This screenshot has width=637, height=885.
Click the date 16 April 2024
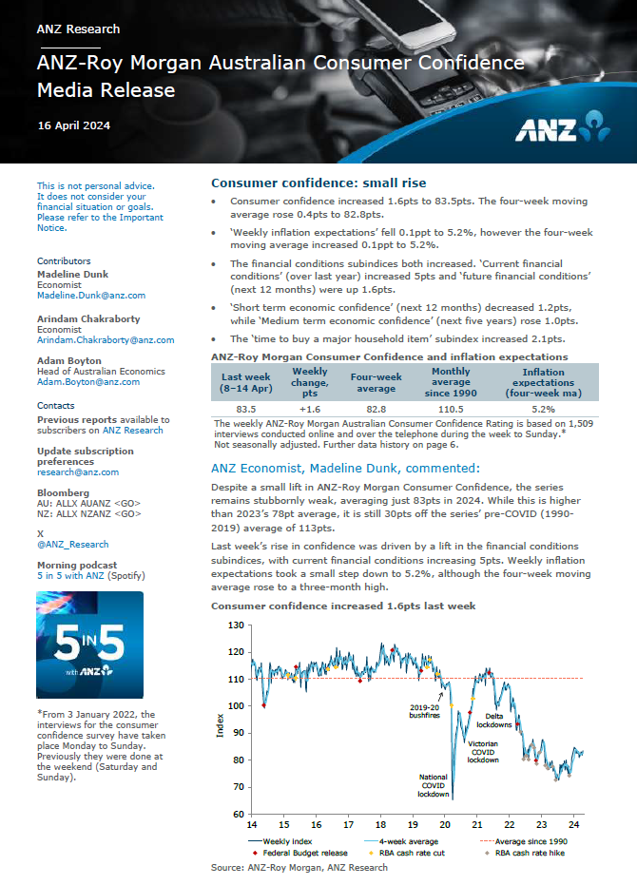pos(73,125)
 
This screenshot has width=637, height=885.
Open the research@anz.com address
pos(78,471)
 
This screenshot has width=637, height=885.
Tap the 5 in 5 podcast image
pos(90,645)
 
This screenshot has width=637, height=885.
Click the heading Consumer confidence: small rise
pos(318,183)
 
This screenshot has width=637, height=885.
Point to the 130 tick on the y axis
pos(237,625)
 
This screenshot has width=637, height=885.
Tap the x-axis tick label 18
pos(380,825)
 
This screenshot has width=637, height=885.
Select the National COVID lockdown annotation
pos(434,785)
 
